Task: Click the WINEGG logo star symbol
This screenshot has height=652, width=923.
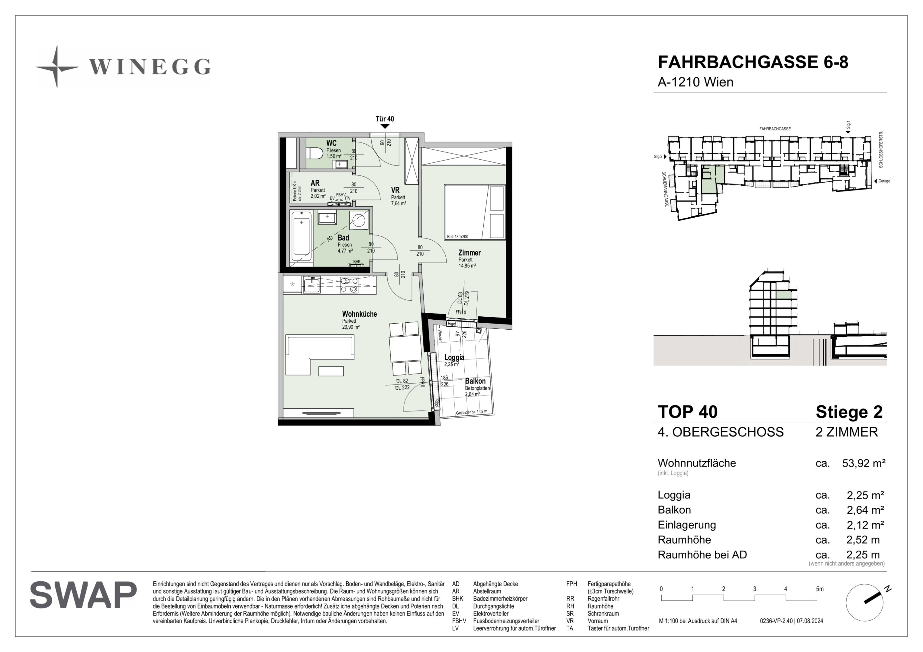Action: point(57,67)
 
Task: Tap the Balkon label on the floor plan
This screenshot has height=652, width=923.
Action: point(475,381)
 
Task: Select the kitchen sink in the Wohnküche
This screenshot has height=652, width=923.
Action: point(311,285)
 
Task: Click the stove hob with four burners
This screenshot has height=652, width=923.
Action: point(349,285)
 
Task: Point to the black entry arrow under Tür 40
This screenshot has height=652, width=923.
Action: point(385,126)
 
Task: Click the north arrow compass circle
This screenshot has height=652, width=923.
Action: point(864,602)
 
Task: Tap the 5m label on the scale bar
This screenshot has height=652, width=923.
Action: point(820,589)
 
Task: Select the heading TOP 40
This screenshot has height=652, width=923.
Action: point(687,412)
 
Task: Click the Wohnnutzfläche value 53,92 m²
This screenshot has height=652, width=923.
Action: point(863,463)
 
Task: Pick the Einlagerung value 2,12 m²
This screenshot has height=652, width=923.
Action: point(865,525)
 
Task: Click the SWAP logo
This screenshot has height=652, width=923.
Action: point(83,595)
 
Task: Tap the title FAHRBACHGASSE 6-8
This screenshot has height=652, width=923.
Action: point(753,62)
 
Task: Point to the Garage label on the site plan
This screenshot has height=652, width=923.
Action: point(884,181)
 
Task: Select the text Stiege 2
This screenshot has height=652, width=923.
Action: point(849,412)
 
